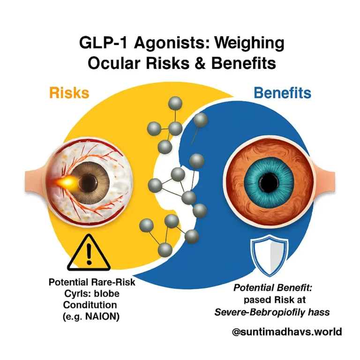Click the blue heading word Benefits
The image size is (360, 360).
(x=282, y=93)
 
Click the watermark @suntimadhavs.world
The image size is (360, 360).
(x=287, y=332)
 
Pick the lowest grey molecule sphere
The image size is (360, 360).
(x=164, y=250)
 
